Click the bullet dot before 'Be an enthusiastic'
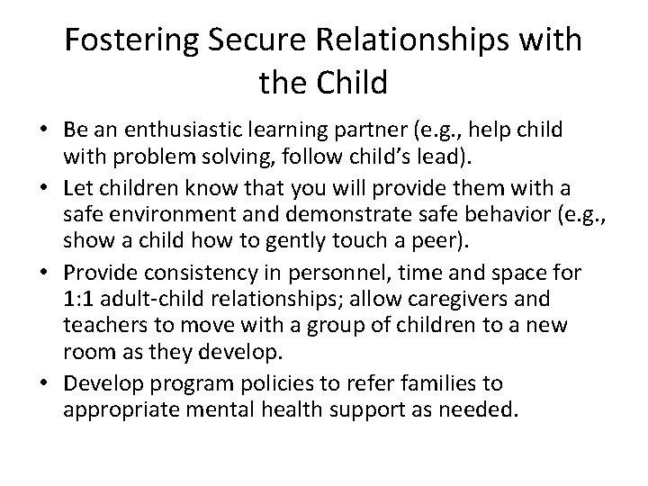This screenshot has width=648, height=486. click(46, 130)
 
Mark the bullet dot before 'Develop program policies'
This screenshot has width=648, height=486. click(46, 383)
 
